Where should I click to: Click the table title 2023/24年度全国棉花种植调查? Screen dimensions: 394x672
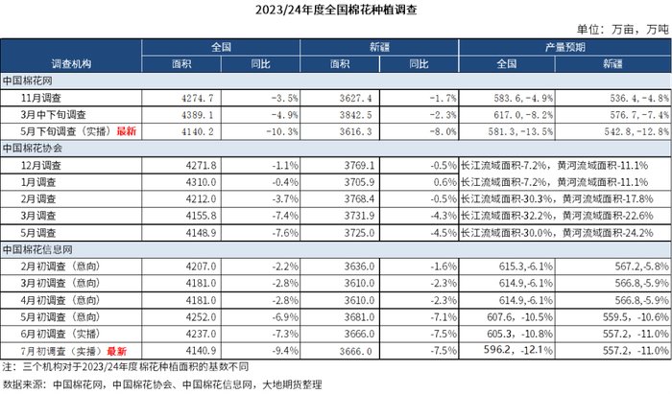(336, 11)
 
